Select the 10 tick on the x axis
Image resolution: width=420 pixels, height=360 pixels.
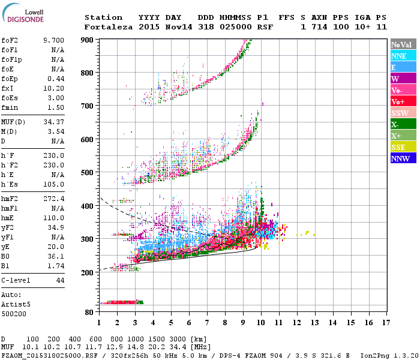click(260, 323)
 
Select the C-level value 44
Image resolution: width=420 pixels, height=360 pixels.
click(60, 281)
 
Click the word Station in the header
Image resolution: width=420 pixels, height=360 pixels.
click(103, 17)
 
